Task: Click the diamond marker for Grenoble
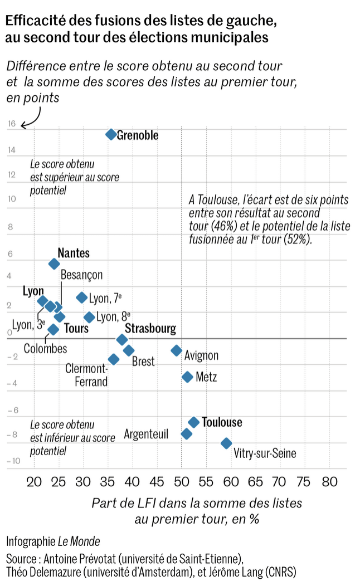111,134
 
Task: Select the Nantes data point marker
54,263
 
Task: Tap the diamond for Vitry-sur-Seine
226,443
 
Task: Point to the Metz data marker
188,377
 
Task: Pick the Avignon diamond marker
177,350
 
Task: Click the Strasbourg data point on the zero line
122,339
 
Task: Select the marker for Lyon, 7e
82,297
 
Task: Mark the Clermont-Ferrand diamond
114,359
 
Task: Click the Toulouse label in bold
222,422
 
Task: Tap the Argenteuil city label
146,434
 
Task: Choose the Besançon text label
81,275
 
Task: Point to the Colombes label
45,349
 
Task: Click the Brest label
143,361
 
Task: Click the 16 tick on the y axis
12,124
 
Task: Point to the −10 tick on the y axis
14,461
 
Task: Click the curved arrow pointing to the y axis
32,118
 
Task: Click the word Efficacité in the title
35,21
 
